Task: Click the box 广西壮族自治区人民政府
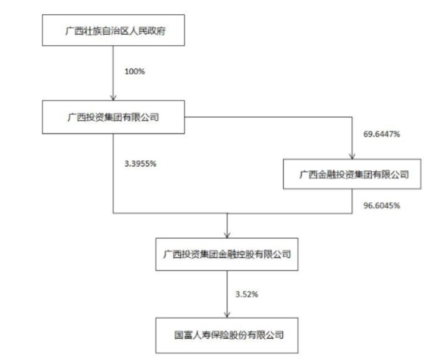[x=113, y=30]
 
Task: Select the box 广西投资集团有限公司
[x=113, y=117]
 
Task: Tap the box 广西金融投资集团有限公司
[x=352, y=174]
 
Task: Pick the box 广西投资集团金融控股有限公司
[x=227, y=254]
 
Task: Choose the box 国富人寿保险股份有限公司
[x=227, y=335]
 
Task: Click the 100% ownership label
[x=135, y=71]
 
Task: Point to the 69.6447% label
[x=382, y=134]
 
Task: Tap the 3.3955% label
[x=140, y=164]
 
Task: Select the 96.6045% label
[x=382, y=206]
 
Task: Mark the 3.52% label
[x=247, y=294]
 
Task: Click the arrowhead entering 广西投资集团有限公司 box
[x=113, y=97]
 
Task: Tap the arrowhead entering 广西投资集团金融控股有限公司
[x=227, y=235]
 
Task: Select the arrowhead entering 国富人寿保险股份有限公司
[x=227, y=315]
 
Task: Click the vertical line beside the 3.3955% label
[x=113, y=173]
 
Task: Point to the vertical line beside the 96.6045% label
[x=352, y=201]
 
